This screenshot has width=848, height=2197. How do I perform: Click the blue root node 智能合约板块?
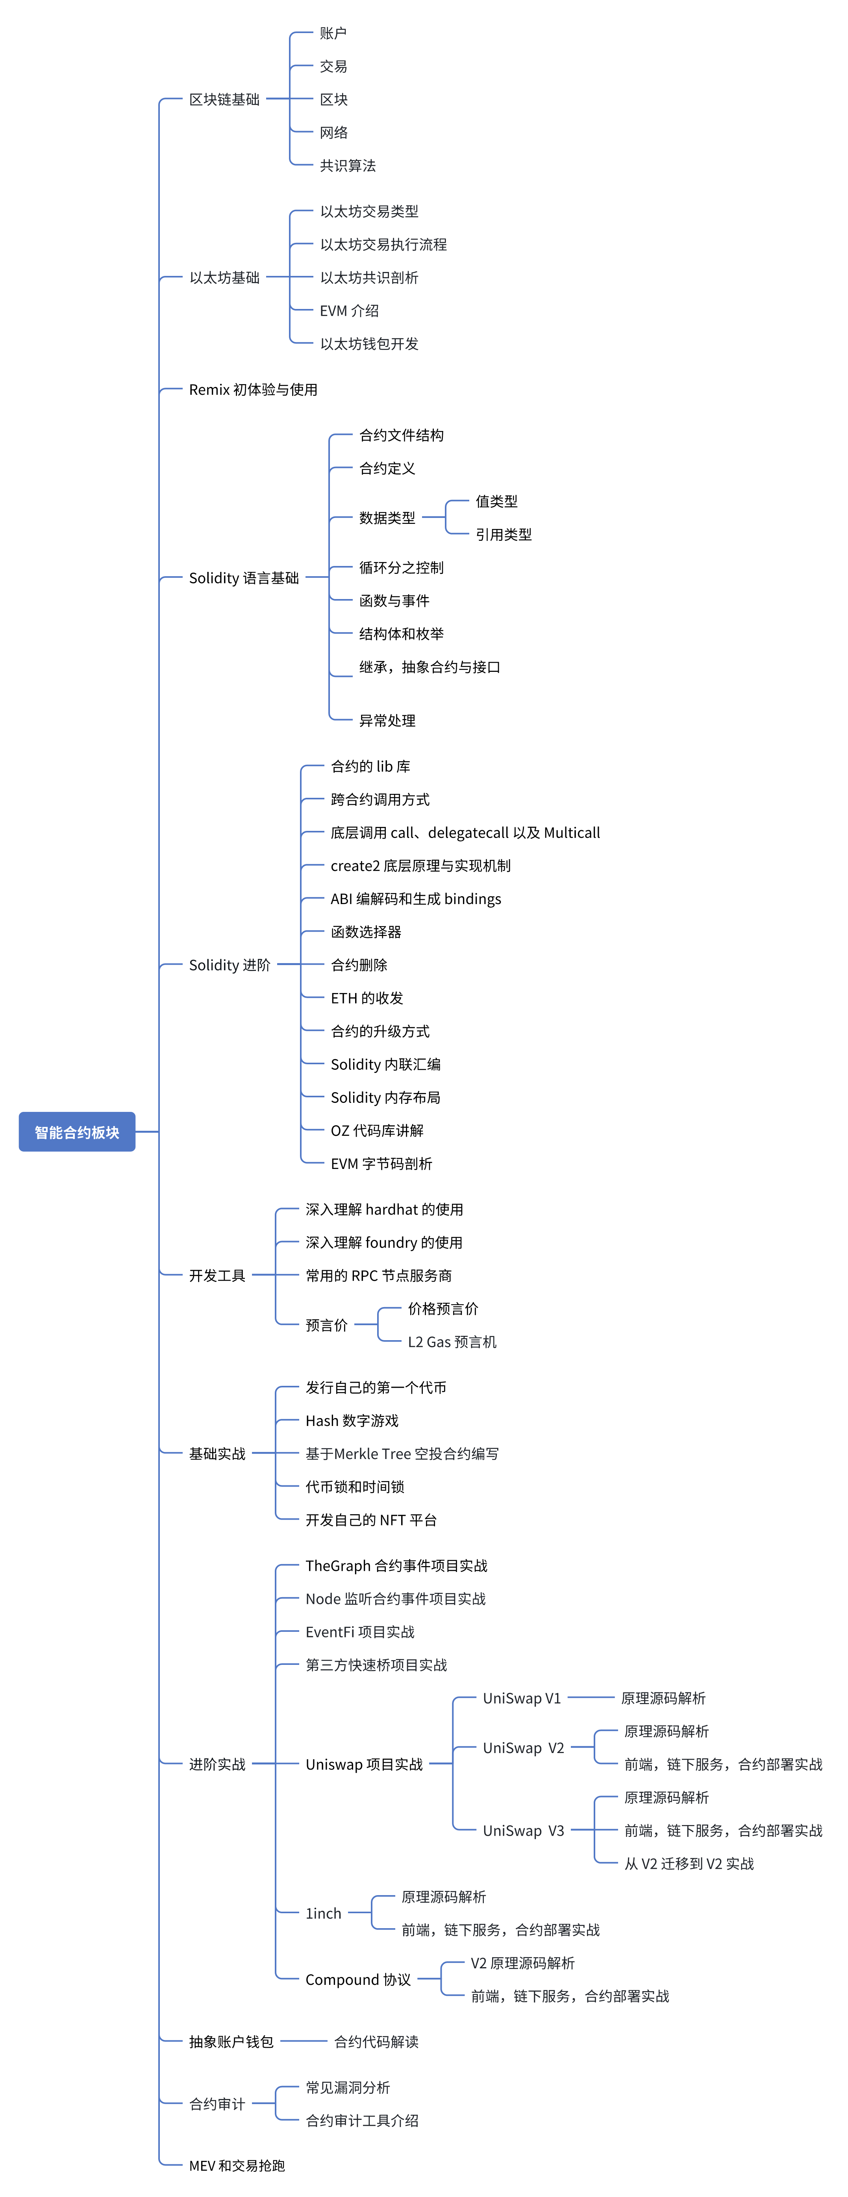(77, 1132)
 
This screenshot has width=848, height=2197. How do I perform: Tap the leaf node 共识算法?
(348, 165)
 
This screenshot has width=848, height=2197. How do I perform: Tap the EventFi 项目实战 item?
(360, 1631)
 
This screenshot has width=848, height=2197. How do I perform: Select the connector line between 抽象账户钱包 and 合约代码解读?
(304, 2041)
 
